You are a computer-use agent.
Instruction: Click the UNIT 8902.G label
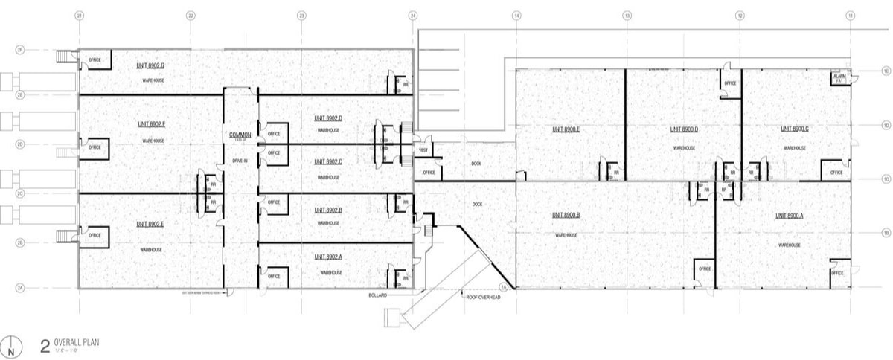point(150,66)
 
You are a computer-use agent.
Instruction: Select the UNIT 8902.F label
point(150,124)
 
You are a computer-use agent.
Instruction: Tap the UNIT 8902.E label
point(150,223)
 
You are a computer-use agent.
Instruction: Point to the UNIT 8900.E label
point(566,129)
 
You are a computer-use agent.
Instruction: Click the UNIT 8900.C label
point(795,129)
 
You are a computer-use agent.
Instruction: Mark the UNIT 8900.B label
point(566,216)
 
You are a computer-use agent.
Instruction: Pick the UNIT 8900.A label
point(791,216)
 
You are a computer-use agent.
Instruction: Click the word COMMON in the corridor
point(240,134)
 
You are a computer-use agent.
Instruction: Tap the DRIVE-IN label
point(240,161)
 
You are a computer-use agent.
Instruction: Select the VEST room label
point(423,149)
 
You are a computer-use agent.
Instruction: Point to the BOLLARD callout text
point(378,295)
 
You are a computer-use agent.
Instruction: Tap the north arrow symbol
point(10,346)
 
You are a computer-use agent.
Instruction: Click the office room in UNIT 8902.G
point(95,60)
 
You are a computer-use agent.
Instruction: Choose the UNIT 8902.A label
point(328,257)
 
